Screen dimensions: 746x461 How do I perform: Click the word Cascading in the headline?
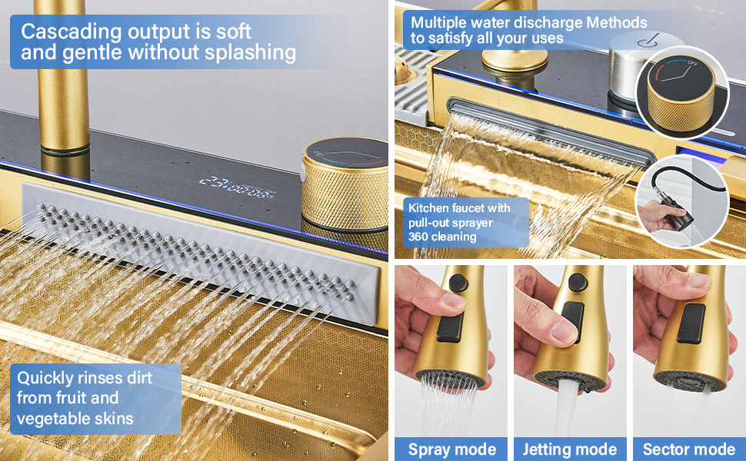(72, 32)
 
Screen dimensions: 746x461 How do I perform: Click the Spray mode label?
(451, 449)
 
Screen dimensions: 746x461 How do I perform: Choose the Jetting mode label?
(569, 449)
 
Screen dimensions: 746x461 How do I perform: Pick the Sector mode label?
(689, 449)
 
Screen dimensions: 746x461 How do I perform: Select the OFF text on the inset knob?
(692, 63)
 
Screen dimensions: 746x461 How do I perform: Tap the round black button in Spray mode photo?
(458, 283)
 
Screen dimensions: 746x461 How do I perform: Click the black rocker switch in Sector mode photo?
(691, 323)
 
